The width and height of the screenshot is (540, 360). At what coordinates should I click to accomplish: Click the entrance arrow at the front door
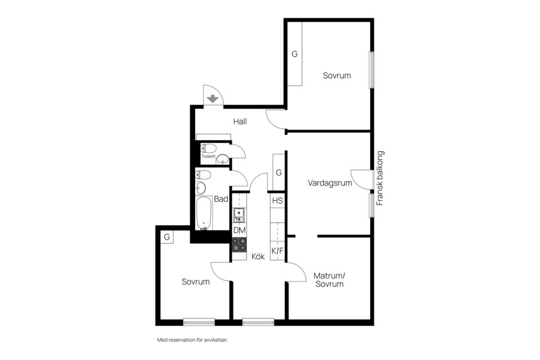[x=212, y=99]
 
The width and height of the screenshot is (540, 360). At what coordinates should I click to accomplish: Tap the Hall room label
[x=240, y=121]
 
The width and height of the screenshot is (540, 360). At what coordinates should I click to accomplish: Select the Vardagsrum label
[x=330, y=183]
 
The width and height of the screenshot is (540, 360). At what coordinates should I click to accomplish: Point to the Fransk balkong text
[x=380, y=178]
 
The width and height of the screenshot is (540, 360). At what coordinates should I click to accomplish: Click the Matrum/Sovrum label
[x=329, y=280]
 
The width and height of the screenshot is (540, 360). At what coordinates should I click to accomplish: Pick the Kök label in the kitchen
[x=258, y=256]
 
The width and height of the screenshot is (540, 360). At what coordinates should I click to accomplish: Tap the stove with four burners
[x=239, y=244]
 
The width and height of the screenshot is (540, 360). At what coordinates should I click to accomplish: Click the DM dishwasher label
[x=239, y=230]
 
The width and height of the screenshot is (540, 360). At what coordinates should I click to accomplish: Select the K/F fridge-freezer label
[x=277, y=251]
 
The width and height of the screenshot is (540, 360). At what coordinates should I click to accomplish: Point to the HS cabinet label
[x=277, y=201]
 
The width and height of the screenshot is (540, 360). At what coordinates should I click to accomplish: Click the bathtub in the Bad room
[x=204, y=213]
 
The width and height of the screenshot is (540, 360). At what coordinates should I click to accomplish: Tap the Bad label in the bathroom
[x=221, y=199]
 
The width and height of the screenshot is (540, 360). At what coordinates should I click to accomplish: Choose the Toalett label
[x=209, y=156]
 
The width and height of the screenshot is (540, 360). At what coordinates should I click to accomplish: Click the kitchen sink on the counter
[x=238, y=214]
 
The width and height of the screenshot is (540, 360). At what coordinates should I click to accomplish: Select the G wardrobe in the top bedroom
[x=294, y=54]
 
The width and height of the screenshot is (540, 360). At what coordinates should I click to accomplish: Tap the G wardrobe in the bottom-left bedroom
[x=166, y=237]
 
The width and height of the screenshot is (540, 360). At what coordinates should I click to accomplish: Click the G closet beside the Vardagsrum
[x=278, y=172]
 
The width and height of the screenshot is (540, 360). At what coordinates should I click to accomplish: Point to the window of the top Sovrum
[x=371, y=70]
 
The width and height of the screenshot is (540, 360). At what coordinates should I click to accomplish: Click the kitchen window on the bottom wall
[x=258, y=322]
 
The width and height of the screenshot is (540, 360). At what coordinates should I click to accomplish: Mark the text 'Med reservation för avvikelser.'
[x=192, y=340]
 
